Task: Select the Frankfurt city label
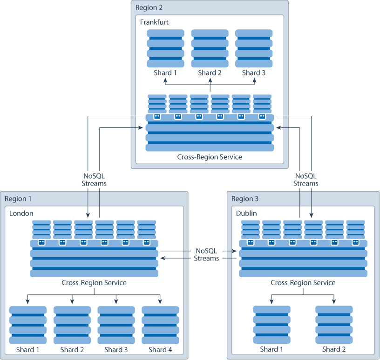tap(154, 22)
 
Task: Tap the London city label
tap(21, 213)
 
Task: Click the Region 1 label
tap(18, 199)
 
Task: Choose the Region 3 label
tap(244, 199)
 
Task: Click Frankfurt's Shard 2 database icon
tap(210, 48)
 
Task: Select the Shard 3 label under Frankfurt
tap(254, 73)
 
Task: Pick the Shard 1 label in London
tap(28, 349)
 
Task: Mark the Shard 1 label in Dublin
tap(272, 349)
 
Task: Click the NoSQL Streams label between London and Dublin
tap(206, 254)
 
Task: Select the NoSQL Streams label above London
tap(94, 180)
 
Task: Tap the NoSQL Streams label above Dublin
tap(306, 180)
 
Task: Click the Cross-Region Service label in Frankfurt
tap(210, 157)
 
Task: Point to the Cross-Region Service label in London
tap(94, 282)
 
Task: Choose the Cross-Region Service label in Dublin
tap(303, 282)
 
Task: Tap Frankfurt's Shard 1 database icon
tap(166, 48)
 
